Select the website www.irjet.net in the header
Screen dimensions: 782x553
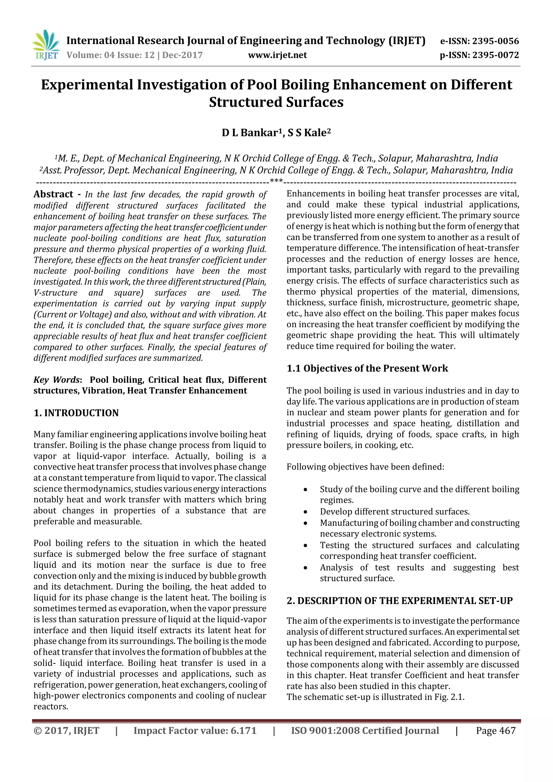coord(277,55)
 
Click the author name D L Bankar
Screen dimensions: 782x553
coord(249,133)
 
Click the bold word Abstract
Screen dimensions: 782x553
coord(53,194)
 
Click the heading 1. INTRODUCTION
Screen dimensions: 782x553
coord(76,413)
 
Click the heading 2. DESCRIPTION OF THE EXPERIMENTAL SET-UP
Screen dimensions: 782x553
coord(399,601)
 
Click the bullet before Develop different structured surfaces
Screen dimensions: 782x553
coord(305,512)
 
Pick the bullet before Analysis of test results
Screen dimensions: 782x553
coord(305,568)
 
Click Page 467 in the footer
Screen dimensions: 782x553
coord(495,731)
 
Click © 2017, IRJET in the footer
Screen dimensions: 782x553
coord(66,731)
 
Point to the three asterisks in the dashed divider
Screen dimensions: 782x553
coord(276,181)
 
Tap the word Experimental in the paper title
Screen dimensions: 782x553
coord(87,85)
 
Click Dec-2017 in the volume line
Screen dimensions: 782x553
coord(182,55)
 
